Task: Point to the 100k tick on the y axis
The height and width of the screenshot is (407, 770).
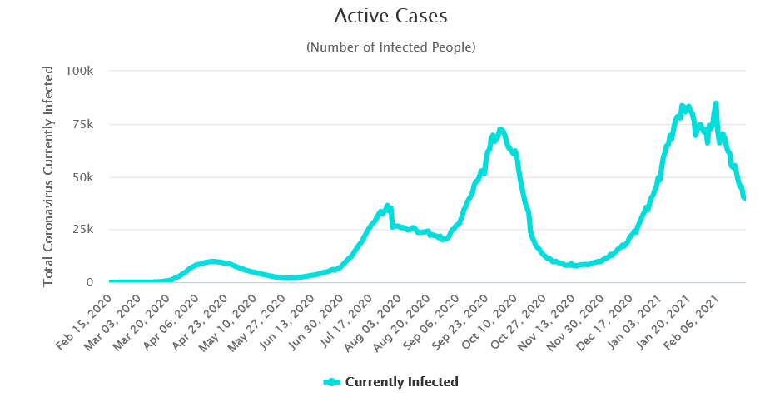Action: click(87, 72)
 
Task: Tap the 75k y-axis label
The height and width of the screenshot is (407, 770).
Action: click(90, 124)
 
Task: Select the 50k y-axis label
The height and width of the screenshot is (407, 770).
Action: click(90, 177)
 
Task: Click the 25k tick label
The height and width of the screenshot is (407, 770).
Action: click(90, 230)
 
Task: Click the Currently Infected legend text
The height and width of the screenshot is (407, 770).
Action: click(401, 382)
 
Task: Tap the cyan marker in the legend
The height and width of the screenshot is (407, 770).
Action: click(331, 382)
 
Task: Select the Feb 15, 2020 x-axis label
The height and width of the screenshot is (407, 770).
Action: click(86, 318)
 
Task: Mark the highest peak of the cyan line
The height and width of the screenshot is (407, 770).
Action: click(716, 104)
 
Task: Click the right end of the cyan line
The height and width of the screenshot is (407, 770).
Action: click(744, 198)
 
